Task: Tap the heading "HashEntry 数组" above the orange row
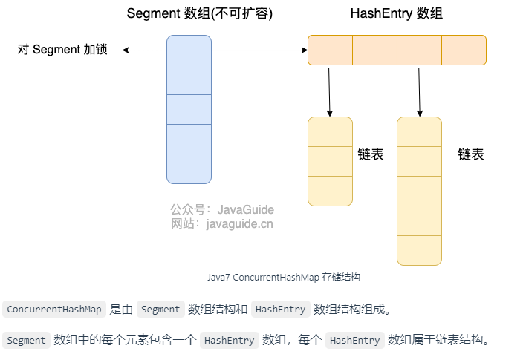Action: tap(396, 14)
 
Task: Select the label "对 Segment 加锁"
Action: tap(62, 50)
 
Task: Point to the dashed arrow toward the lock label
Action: tap(144, 50)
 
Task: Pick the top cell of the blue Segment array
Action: tap(189, 50)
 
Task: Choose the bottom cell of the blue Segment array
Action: tap(189, 168)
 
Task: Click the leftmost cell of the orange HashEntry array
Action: tap(330, 50)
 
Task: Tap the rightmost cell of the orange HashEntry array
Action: tap(464, 50)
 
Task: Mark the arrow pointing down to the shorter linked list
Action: tap(328, 91)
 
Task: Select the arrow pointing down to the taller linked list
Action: tap(419, 91)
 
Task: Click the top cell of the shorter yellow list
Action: tap(330, 131)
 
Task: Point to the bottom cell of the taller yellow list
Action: tap(419, 250)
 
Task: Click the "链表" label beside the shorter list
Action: tap(370, 154)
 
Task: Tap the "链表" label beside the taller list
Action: tap(470, 154)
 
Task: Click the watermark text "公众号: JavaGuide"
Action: tap(222, 210)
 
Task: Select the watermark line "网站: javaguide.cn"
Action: tap(222, 223)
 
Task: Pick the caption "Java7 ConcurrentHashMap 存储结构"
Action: tap(284, 277)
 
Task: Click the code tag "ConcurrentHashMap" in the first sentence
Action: tap(53, 310)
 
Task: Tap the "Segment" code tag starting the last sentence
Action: tap(26, 341)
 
